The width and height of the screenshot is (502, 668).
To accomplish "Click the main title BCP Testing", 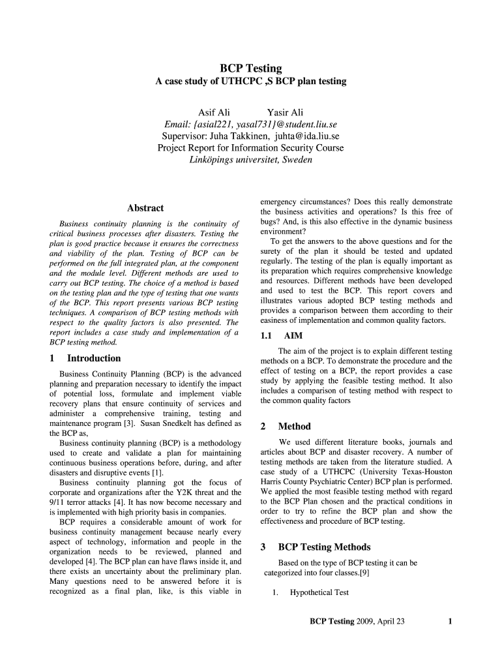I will tap(250, 68).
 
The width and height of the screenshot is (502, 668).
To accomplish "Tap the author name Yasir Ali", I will tap(285, 113).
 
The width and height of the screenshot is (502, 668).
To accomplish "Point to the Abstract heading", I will tap(145, 208).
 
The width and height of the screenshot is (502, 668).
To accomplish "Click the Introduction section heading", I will tap(94, 358).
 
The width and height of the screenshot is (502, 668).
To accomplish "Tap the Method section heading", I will tap(294, 427).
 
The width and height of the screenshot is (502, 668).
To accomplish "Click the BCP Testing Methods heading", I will tap(324, 547).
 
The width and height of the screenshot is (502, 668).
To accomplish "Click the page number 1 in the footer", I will tap(450, 621).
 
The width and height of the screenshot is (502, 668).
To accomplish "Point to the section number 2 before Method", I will tap(263, 427).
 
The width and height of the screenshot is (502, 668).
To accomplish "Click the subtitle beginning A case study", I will tap(250, 82).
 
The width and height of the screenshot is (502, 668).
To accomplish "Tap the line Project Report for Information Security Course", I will tap(250, 148).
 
